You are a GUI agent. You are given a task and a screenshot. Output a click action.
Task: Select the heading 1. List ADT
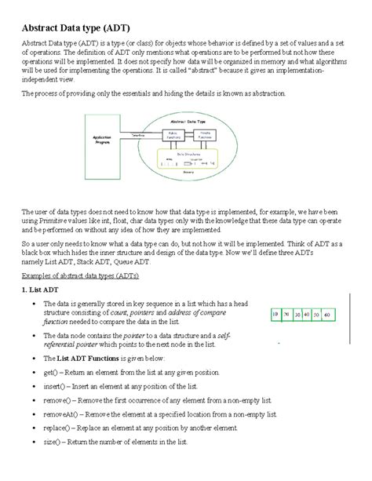(x=39, y=290)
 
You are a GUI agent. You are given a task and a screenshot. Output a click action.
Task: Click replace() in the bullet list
(x=57, y=427)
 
